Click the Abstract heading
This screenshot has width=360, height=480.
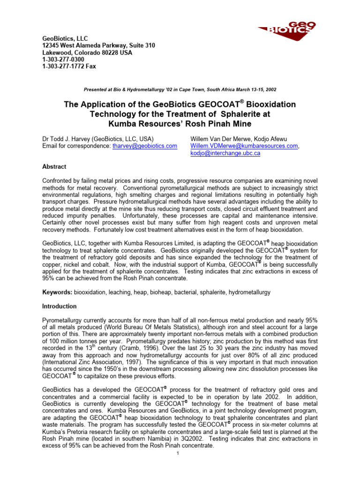[x=54, y=167]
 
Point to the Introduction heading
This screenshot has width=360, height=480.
[x=60, y=306]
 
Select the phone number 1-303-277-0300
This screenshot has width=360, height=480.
[x=63, y=60]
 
